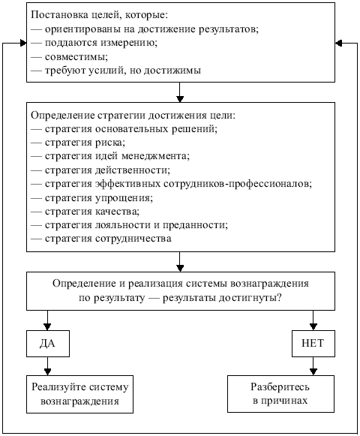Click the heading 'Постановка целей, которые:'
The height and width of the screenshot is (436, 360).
[x=99, y=15]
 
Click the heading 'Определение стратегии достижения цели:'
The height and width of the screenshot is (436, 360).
[x=133, y=115]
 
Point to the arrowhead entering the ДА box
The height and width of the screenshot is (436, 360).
[x=47, y=327]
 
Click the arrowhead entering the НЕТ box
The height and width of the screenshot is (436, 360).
[x=313, y=327]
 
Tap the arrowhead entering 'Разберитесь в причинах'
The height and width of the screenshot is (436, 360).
[x=313, y=372]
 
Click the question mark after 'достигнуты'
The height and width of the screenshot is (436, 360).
[x=280, y=298]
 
